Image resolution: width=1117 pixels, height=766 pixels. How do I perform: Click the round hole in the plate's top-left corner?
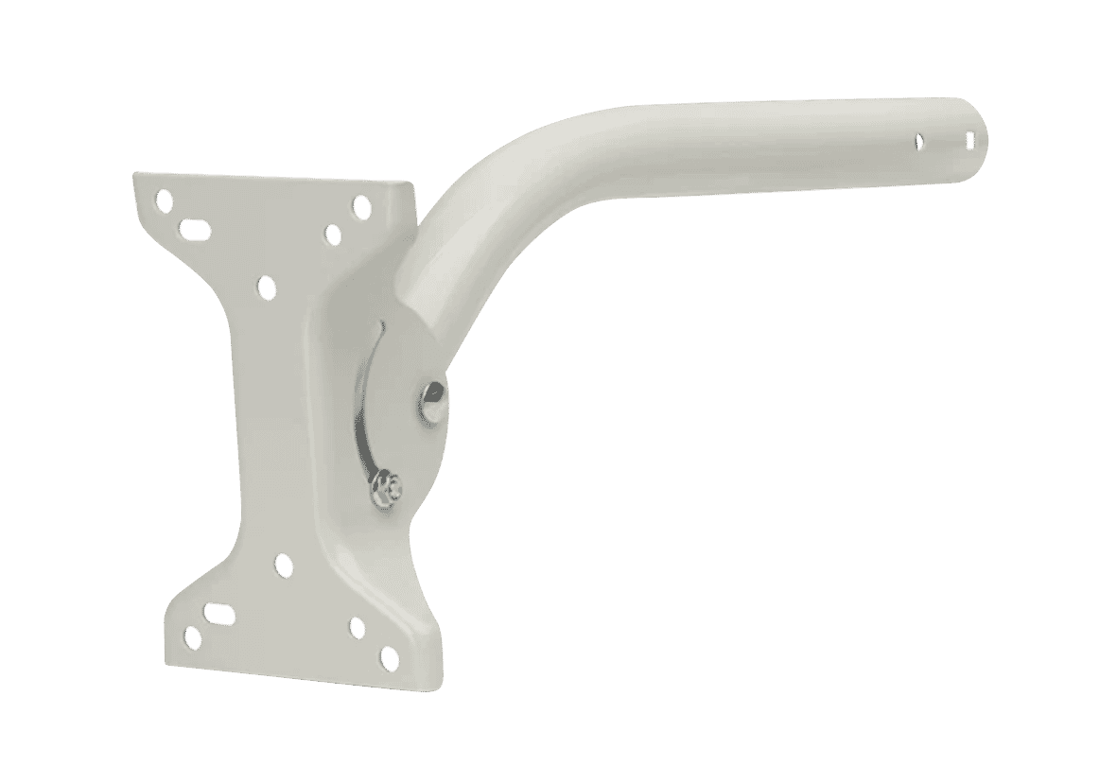(x=166, y=200)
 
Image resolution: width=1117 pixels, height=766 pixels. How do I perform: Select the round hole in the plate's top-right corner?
(x=360, y=204)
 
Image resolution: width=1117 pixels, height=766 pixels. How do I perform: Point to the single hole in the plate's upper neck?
(x=267, y=285)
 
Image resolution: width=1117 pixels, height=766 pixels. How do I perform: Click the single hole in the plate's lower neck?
(x=283, y=566)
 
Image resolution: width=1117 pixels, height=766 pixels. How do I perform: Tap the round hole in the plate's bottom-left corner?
(x=192, y=637)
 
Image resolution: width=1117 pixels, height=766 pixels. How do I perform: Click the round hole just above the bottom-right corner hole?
(x=357, y=627)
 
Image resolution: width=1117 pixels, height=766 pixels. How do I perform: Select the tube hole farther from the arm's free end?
(x=918, y=141)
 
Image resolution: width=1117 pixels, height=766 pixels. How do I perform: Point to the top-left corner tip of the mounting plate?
(x=135, y=174)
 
